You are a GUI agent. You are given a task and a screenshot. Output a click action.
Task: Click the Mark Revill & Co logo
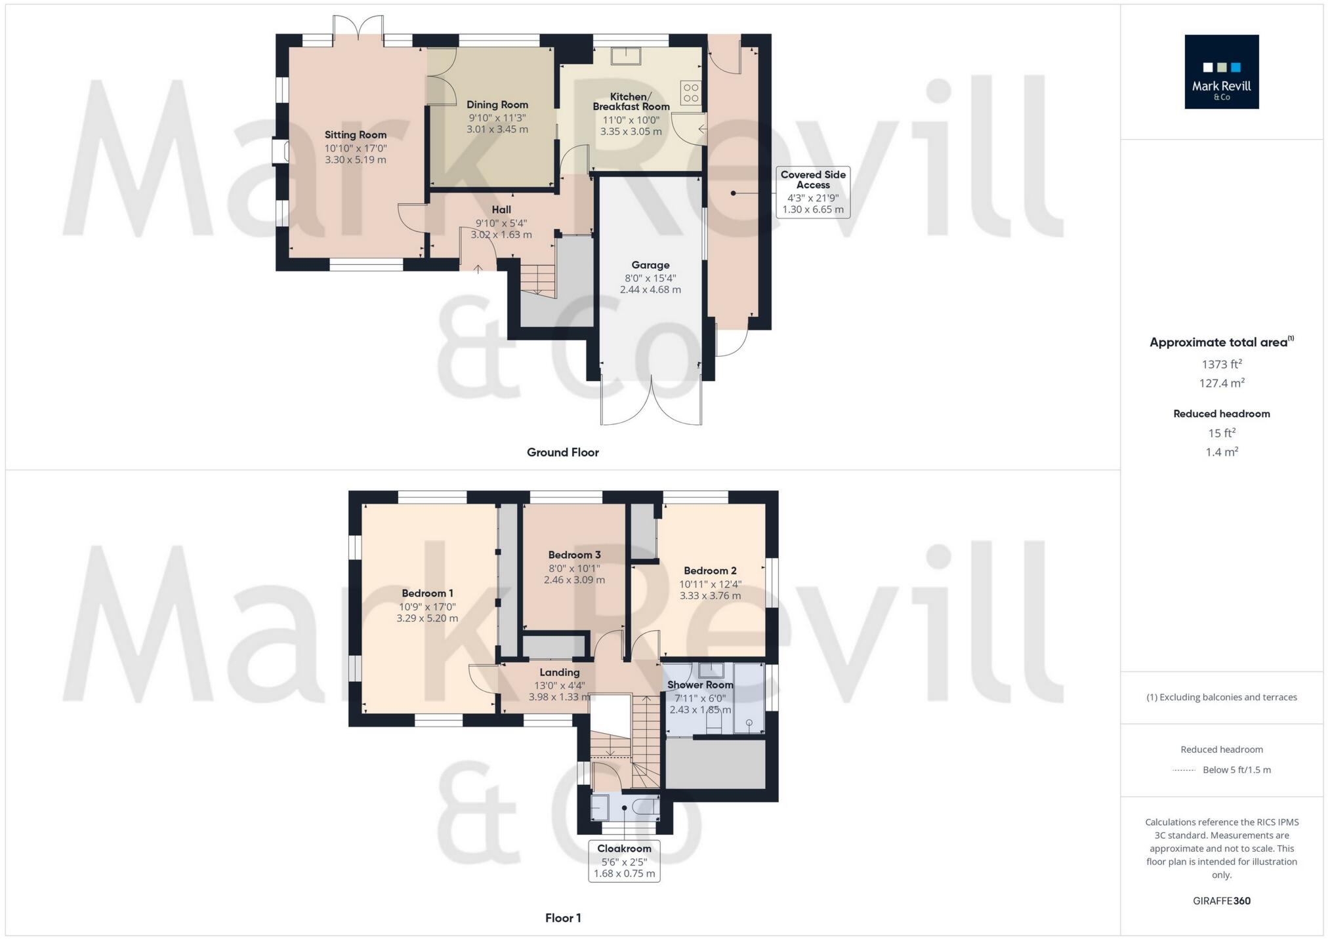1221,71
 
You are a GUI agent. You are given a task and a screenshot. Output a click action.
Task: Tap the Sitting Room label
355,134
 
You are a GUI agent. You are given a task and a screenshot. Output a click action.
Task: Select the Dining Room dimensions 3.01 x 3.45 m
497,129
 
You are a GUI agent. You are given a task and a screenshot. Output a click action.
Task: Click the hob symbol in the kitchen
690,92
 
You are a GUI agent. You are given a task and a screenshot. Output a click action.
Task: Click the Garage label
650,265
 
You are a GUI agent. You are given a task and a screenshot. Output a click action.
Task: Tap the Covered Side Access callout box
812,192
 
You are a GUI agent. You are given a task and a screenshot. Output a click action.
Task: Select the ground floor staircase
538,279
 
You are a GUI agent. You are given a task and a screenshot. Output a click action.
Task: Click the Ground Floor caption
562,452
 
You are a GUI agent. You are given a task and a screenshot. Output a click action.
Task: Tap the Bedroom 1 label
427,593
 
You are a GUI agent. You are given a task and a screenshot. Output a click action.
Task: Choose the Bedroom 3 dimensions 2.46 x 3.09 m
574,580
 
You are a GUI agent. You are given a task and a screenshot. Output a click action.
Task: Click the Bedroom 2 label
710,570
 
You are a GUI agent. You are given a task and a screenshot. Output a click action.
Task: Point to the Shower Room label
700,685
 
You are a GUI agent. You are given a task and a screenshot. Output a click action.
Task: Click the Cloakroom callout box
624,860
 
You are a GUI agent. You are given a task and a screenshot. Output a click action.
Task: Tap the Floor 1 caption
562,917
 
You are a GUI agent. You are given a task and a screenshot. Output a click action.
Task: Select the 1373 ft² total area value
1221,364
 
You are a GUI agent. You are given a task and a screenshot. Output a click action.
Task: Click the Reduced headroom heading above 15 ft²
1221,413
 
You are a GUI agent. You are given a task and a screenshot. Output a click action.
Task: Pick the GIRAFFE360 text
1221,900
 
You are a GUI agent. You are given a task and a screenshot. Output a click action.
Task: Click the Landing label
559,672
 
